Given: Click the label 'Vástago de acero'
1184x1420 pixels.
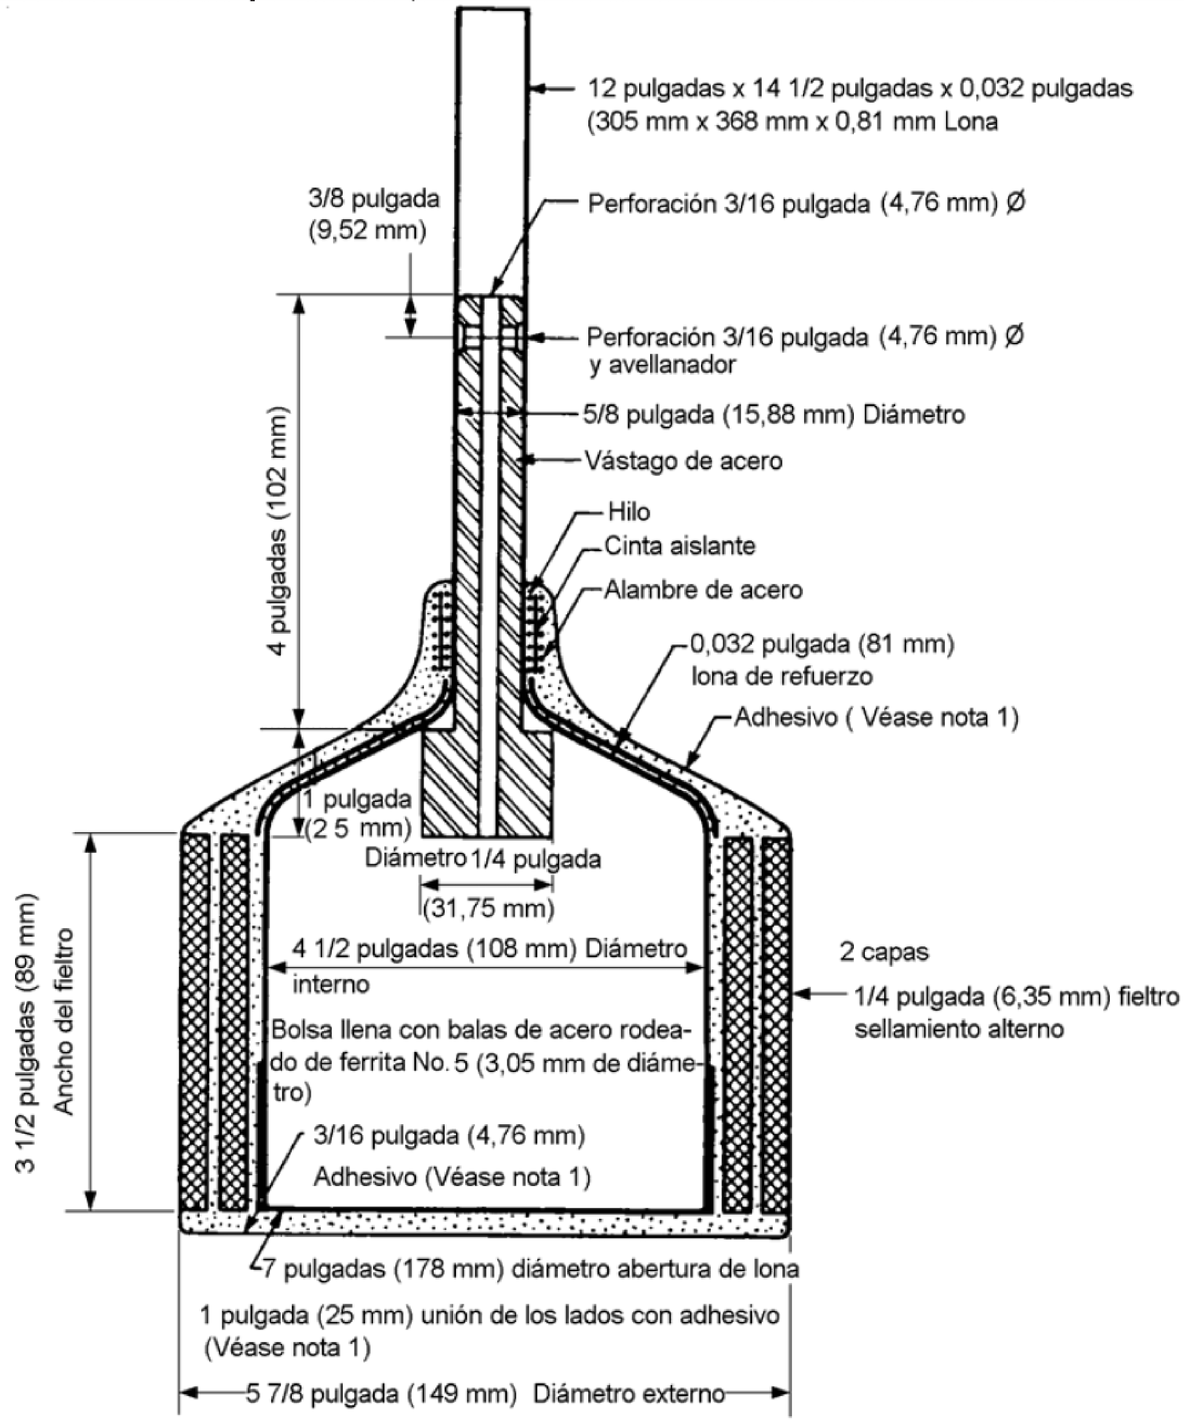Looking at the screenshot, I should [x=683, y=461].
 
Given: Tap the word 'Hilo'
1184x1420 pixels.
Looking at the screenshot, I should [x=629, y=512].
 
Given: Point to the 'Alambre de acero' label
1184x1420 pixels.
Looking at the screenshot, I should [x=703, y=589].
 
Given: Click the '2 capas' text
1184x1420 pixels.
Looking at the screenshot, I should [x=884, y=952].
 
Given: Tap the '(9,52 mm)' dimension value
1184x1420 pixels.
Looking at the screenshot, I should [x=368, y=231].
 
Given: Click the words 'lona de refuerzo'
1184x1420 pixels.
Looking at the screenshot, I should [x=781, y=676].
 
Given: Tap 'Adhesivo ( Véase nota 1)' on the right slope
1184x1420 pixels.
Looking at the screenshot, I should [x=876, y=717].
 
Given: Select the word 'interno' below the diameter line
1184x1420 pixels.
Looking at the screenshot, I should [x=331, y=984].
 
